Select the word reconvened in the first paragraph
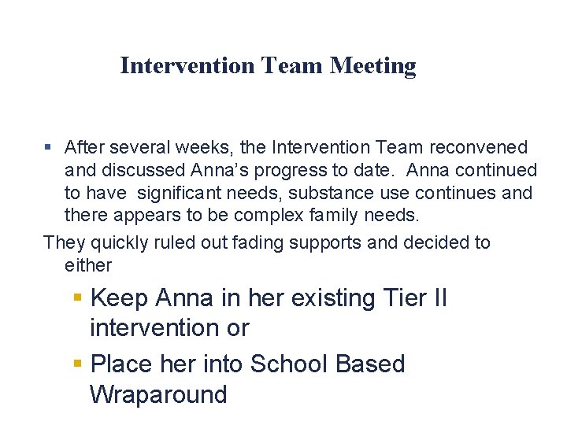click(x=479, y=147)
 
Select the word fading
click(x=261, y=242)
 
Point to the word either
click(x=88, y=265)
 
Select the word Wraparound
click(x=158, y=394)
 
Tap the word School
click(x=287, y=364)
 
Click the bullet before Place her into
click(x=77, y=364)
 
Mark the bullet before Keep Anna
click(x=77, y=297)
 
